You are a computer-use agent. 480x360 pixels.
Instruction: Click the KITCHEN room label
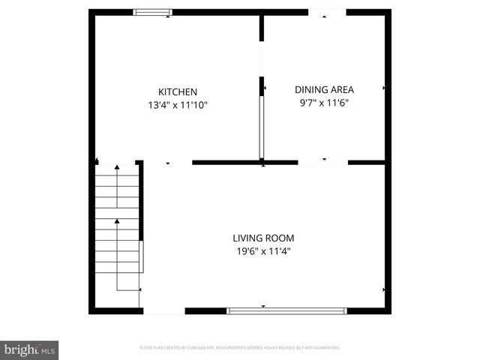click(x=177, y=91)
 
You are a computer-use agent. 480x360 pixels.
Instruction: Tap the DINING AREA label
click(x=324, y=89)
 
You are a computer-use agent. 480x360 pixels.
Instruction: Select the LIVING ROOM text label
click(x=262, y=238)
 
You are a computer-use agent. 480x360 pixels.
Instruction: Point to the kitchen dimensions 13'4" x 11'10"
click(x=177, y=106)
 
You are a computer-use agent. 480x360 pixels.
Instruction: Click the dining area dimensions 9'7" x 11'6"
click(x=324, y=103)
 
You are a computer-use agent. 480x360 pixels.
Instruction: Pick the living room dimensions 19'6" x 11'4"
click(x=262, y=252)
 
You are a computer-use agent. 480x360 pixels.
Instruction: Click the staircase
click(x=118, y=225)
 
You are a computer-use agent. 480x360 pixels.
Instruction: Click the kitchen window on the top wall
click(x=152, y=12)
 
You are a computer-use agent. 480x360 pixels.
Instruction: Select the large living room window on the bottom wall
click(x=287, y=310)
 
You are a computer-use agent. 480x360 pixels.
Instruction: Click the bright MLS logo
click(x=29, y=349)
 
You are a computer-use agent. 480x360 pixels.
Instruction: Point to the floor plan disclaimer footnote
click(x=240, y=348)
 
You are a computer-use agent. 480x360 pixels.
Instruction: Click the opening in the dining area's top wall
click(x=328, y=12)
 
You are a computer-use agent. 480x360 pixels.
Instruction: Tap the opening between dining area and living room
click(x=323, y=162)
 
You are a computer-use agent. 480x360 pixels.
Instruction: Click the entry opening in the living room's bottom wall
click(x=163, y=310)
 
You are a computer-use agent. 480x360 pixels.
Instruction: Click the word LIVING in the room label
click(x=248, y=238)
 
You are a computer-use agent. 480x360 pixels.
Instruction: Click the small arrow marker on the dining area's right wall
click(x=385, y=88)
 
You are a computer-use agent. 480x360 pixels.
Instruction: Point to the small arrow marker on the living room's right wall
click(x=385, y=289)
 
